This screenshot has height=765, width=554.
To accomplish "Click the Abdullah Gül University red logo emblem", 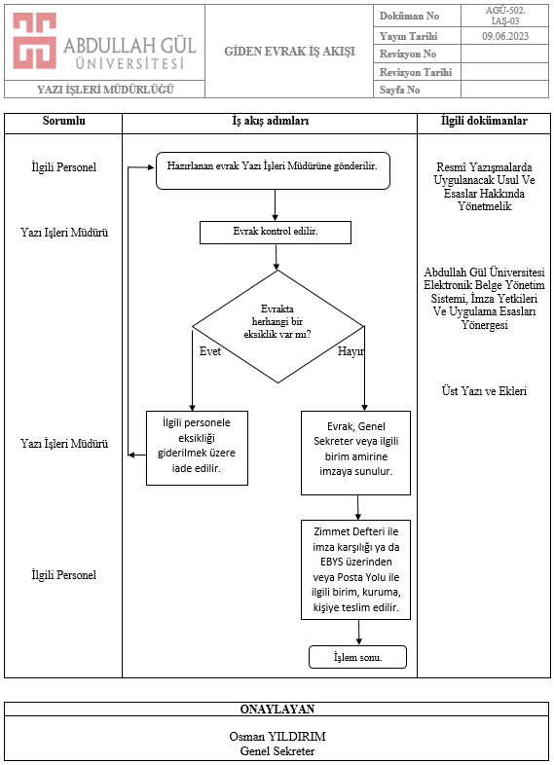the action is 34,41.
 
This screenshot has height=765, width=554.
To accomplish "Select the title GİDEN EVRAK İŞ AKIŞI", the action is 289,52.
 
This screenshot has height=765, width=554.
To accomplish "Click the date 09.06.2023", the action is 505,36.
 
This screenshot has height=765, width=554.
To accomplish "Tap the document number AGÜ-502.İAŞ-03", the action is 505,16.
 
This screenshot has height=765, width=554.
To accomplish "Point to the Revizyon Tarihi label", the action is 416,72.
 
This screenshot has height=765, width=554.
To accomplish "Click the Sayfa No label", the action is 399,90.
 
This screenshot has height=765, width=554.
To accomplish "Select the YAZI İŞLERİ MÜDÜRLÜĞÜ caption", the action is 105,90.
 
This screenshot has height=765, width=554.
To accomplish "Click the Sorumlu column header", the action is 63,121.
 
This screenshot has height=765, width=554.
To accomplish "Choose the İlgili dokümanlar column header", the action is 484,121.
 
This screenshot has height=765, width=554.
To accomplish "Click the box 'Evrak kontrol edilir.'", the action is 276,233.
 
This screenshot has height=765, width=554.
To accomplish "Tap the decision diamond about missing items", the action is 277,326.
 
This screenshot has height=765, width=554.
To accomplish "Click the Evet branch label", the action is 210,351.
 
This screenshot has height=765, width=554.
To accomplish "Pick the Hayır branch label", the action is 351,351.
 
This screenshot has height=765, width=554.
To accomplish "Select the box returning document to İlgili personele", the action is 197,448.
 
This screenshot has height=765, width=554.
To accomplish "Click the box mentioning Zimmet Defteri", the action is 355,569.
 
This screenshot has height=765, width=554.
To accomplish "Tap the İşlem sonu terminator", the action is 357,657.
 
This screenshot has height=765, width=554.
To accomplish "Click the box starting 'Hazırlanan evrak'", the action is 273,170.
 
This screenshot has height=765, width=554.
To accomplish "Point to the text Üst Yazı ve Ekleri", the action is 484,391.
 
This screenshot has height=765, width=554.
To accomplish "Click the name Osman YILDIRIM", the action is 277,736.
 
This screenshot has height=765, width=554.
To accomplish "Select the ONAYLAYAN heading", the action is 277,709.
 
